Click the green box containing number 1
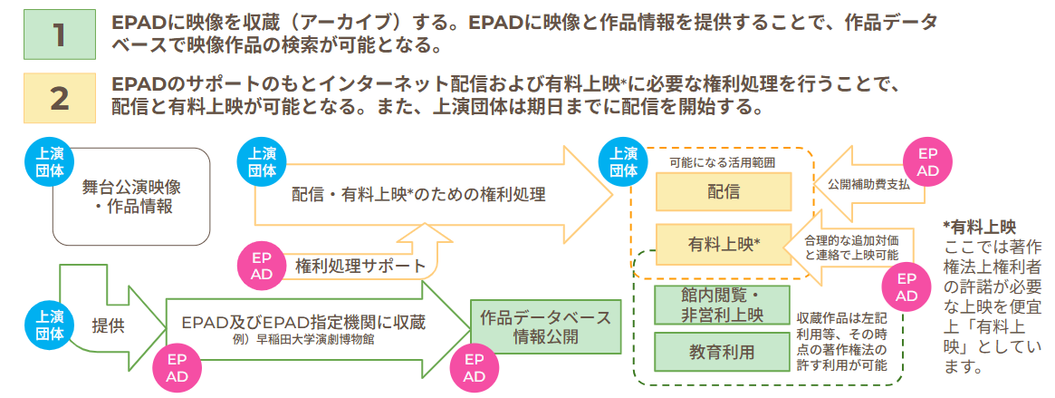pyautogui.click(x=59, y=34)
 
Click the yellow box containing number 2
pyautogui.click(x=59, y=97)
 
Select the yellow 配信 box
pyautogui.click(x=724, y=190)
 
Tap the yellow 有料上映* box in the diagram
pyautogui.click(x=724, y=243)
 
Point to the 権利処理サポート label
pyautogui.click(x=360, y=267)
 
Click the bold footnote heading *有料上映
pyautogui.click(x=979, y=225)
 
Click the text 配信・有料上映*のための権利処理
pyautogui.click(x=418, y=194)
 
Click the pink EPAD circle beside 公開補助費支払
pyautogui.click(x=928, y=162)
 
